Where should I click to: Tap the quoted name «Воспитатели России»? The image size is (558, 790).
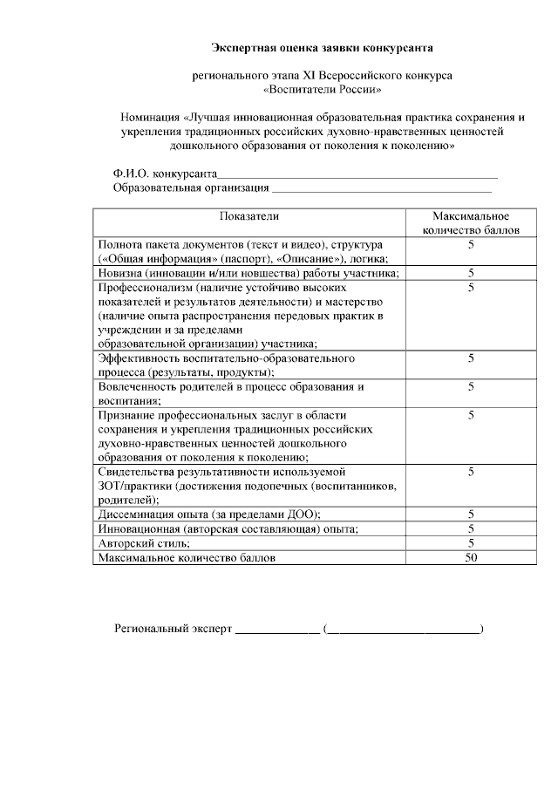coord(323,89)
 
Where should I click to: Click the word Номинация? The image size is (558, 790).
coord(152,118)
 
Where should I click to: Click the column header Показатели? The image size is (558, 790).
coord(249,216)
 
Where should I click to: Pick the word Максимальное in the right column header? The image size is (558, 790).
coord(471,216)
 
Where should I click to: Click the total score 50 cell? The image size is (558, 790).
coord(471,557)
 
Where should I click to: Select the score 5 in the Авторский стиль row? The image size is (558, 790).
coord(471,543)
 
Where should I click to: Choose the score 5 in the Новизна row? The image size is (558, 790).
coord(471,273)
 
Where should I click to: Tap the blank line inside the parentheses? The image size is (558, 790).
coord(404,629)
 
